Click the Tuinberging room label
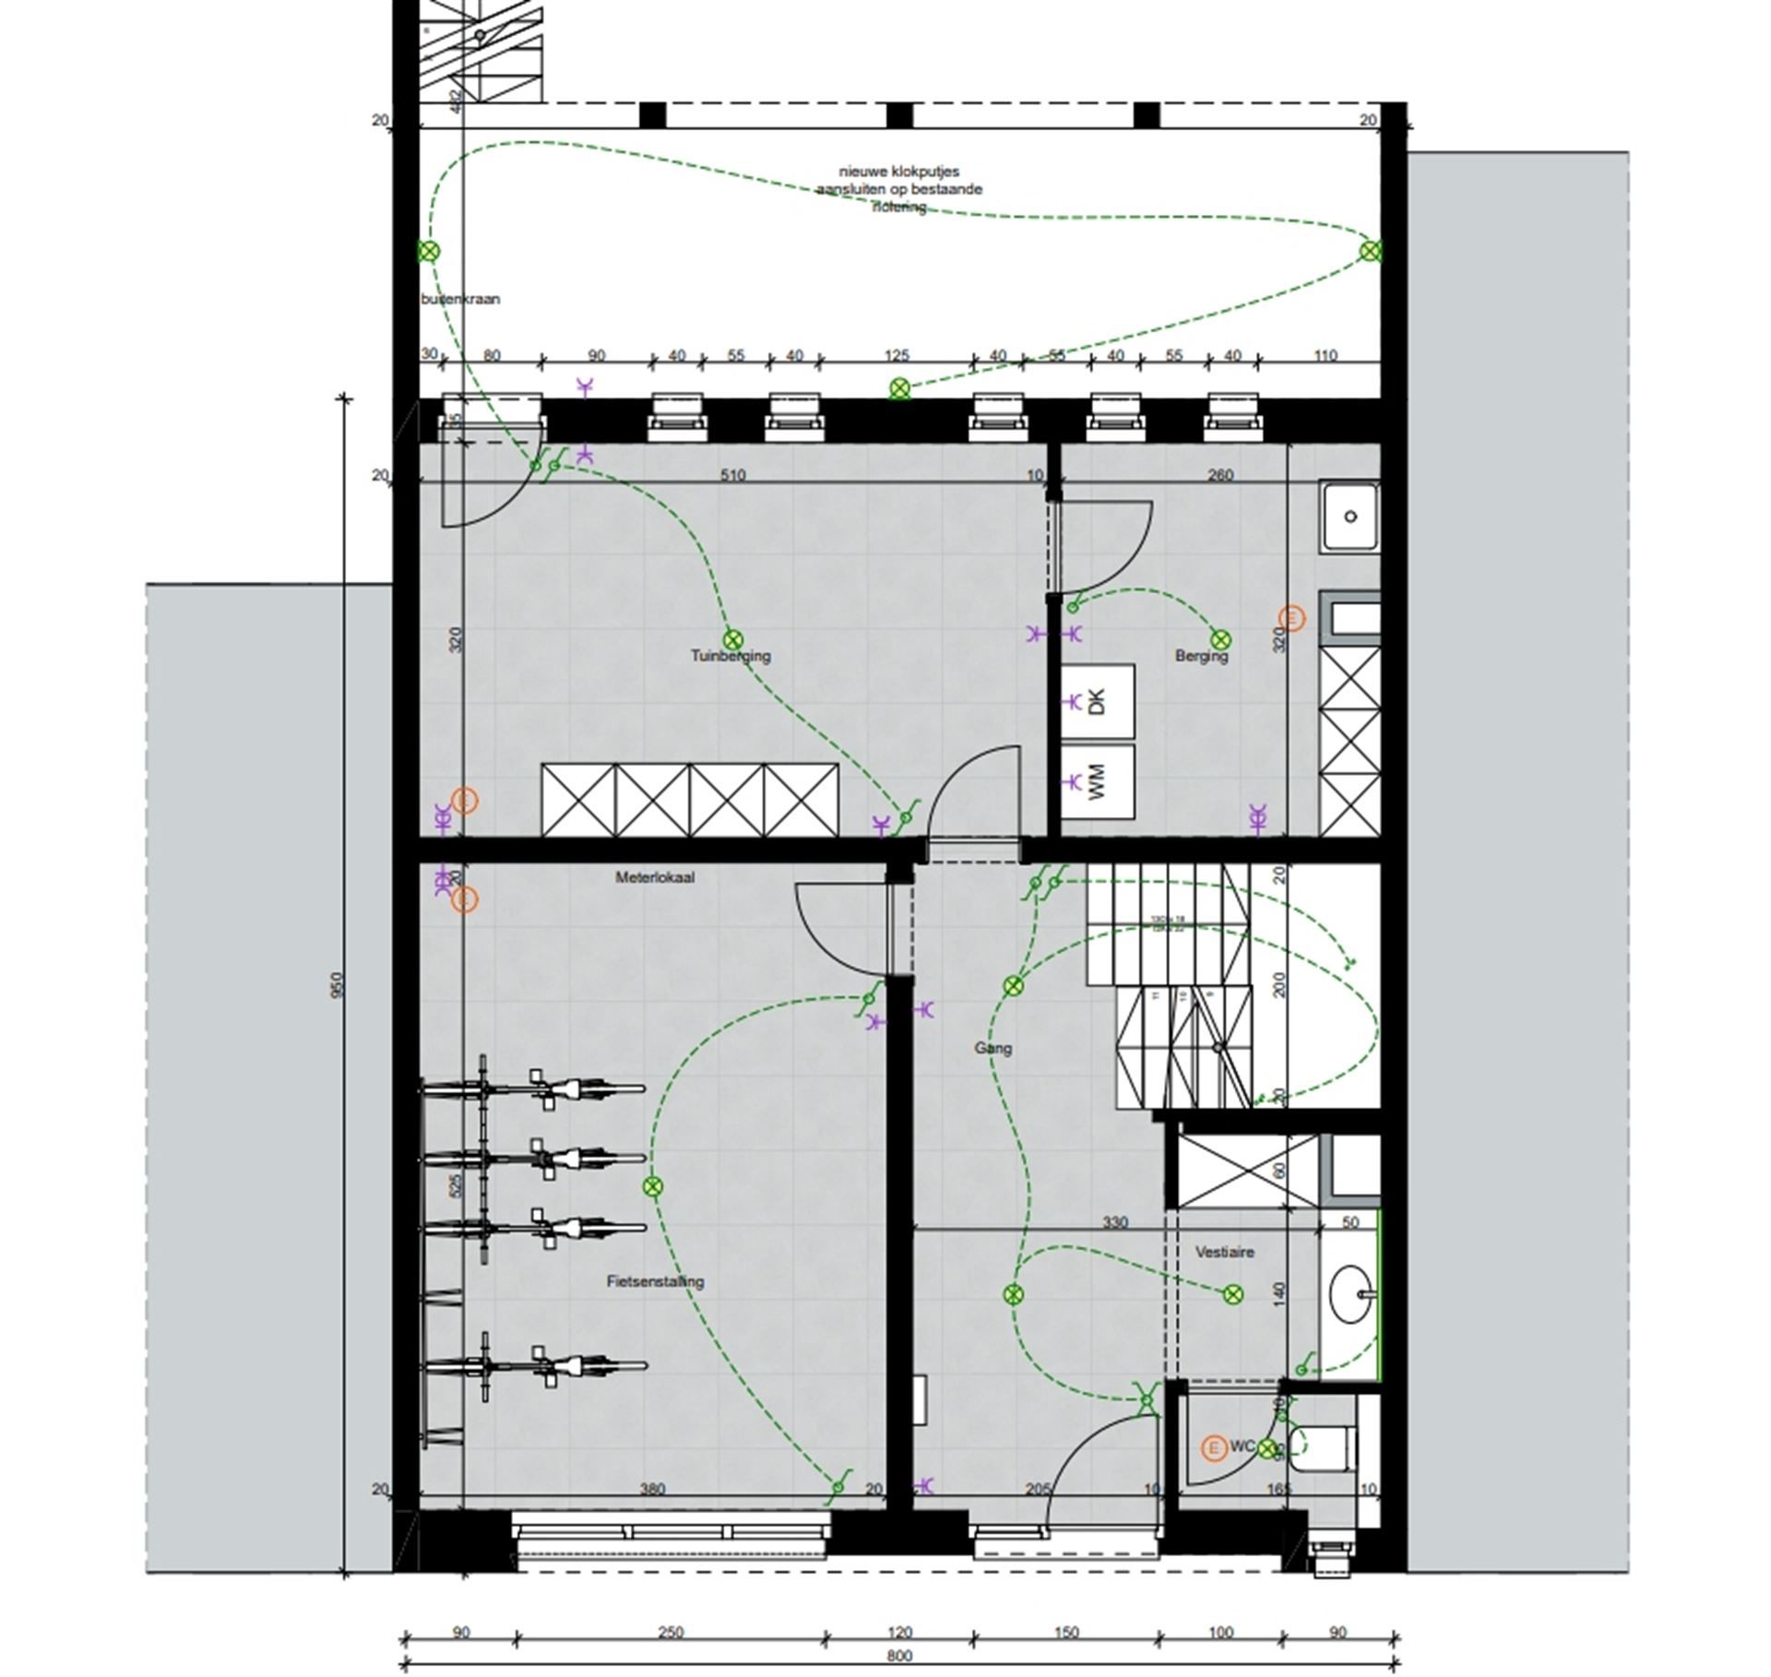[x=731, y=656]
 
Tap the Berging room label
[x=1201, y=656]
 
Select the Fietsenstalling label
[x=655, y=1281]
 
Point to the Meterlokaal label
[x=655, y=877]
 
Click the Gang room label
[x=992, y=1048]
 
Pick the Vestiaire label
[x=1224, y=1252]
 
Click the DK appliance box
[x=1097, y=702]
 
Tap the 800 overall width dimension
[x=898, y=1656]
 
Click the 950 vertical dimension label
[x=336, y=984]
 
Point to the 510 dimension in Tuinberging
[x=732, y=476]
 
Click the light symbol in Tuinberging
[x=732, y=639]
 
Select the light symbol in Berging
[x=1220, y=639]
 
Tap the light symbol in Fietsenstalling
[x=653, y=1186]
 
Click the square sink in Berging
[x=1350, y=517]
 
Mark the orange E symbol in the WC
[x=1214, y=1448]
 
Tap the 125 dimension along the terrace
[x=896, y=355]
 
